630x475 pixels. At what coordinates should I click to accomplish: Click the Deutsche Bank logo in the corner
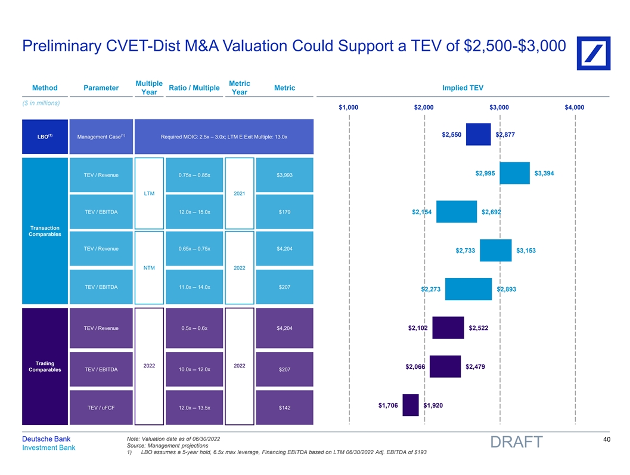(593, 49)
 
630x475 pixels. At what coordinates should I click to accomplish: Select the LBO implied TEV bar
(478, 134)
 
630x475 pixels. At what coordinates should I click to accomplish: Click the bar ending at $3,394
(514, 173)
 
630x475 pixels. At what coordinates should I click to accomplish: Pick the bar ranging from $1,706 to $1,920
(411, 405)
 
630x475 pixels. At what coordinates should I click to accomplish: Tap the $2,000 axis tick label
(424, 107)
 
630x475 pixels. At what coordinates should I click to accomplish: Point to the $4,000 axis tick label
(574, 107)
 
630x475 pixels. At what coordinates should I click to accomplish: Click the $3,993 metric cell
(284, 175)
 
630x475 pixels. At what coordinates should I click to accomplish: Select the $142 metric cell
(284, 408)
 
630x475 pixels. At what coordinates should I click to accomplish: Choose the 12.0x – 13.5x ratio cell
(194, 408)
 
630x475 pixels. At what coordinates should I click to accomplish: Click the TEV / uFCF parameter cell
(101, 408)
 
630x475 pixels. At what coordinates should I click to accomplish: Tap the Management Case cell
(101, 137)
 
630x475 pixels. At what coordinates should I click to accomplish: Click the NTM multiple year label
(150, 268)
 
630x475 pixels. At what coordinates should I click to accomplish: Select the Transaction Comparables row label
(45, 231)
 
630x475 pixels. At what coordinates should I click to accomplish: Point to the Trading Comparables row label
(45, 366)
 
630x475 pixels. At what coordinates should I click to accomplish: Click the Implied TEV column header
(463, 88)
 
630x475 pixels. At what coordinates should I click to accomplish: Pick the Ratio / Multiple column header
(194, 88)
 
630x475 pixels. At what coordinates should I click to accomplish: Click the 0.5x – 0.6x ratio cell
(194, 328)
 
